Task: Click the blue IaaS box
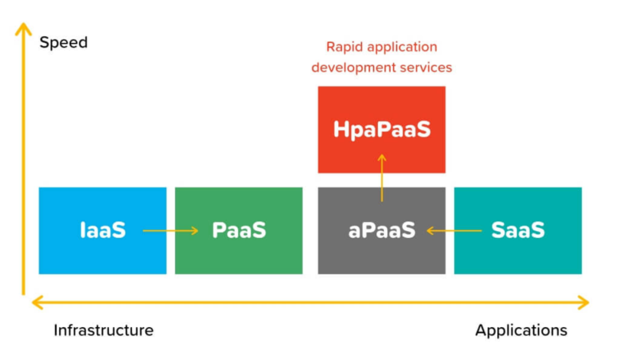coord(103,231)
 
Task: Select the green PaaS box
coord(239,231)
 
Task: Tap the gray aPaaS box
coord(381,231)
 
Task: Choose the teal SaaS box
coord(518,231)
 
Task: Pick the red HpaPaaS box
coord(381,130)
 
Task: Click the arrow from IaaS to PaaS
coord(170,231)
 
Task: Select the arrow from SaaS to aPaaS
coord(454,231)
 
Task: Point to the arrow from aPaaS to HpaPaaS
coord(381,177)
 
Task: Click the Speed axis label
coord(64,43)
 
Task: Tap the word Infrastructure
coord(104,330)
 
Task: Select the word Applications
coord(521,331)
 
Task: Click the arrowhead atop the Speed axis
coord(24,29)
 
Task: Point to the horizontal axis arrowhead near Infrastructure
coord(38,303)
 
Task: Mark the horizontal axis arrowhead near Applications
coord(583,303)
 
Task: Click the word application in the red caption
coord(402,48)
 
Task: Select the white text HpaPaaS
coord(382,130)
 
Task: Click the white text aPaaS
coord(381,230)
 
